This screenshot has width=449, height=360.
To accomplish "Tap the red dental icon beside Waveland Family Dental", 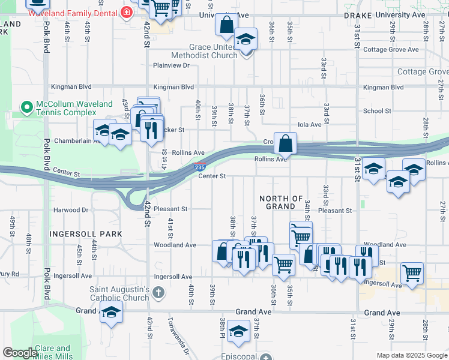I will (126, 11).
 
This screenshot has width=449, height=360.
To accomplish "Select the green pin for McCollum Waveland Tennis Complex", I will (26, 108).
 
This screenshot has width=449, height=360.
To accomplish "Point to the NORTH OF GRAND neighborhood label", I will (281, 202).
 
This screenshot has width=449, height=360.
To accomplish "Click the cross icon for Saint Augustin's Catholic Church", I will (158, 293).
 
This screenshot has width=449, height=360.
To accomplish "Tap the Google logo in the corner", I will (20, 353).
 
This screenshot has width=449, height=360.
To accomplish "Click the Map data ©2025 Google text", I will (412, 355).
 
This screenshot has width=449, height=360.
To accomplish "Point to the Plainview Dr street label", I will (171, 65).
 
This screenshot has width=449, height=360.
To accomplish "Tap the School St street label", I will (377, 111).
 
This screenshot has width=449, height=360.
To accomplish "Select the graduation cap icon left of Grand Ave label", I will (110, 313).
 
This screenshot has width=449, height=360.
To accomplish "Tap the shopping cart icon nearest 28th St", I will (412, 274).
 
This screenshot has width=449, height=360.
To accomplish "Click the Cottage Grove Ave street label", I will (391, 50).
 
